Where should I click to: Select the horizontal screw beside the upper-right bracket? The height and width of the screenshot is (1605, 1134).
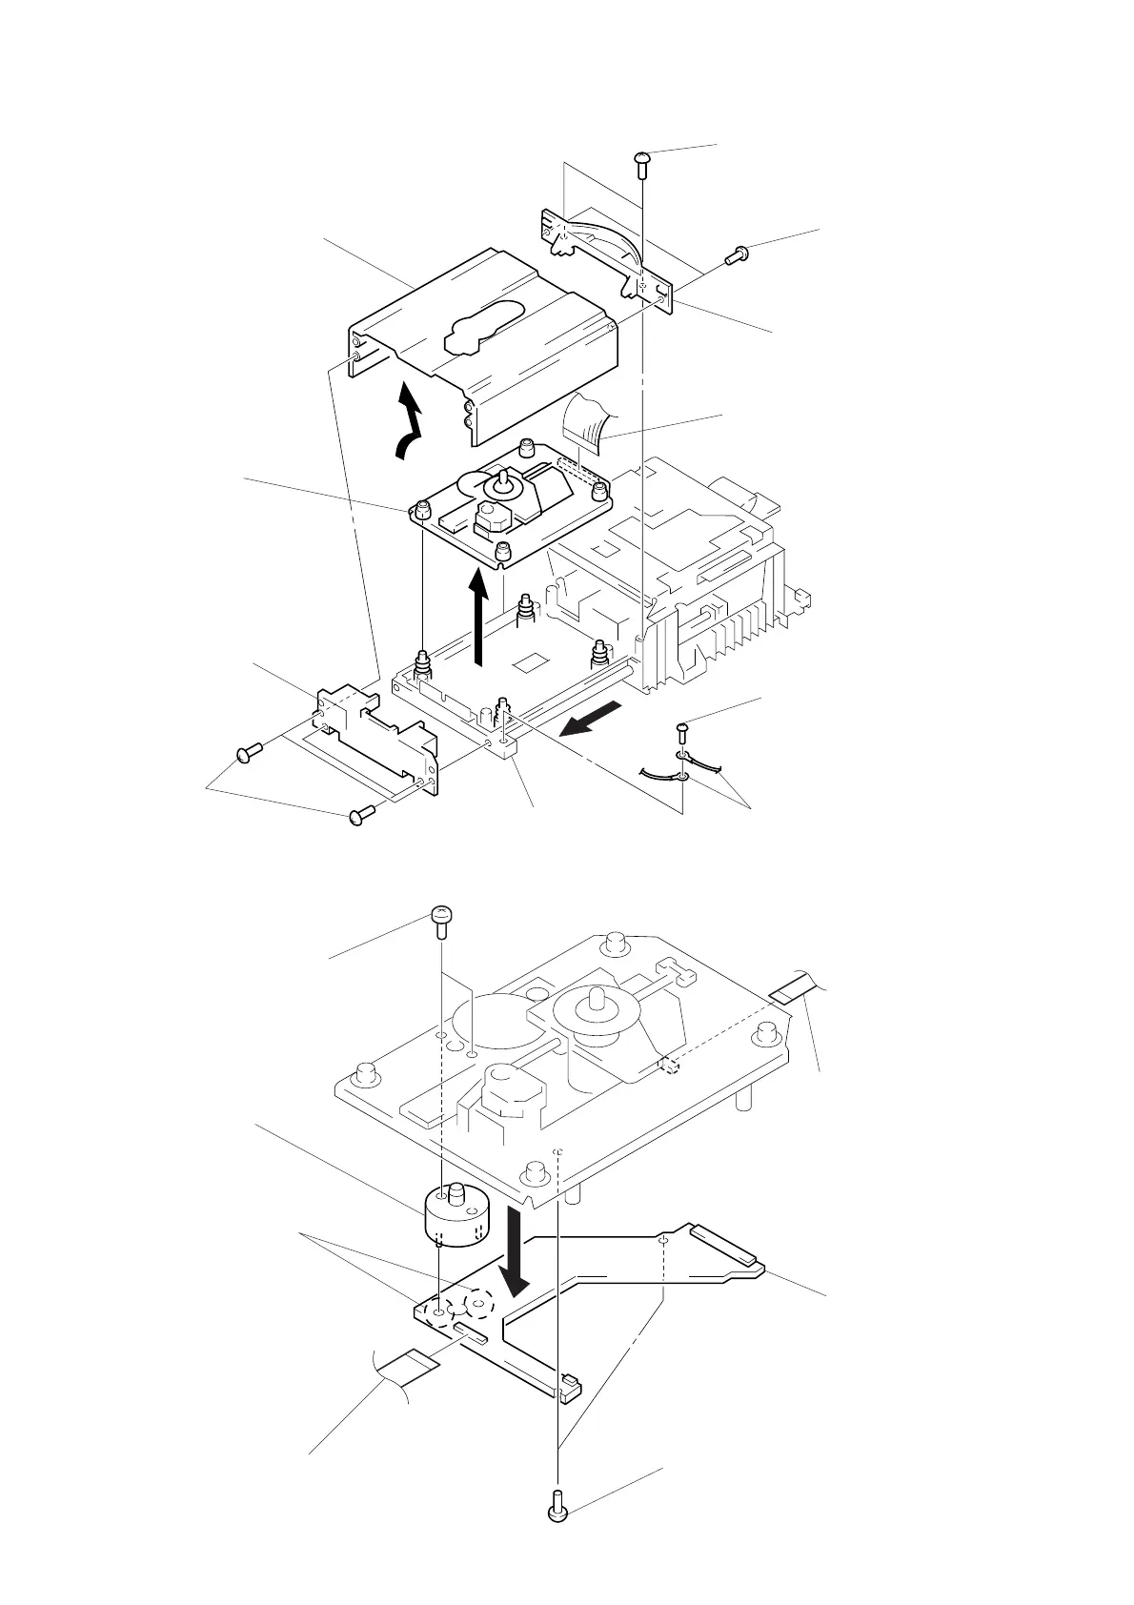pyautogui.click(x=737, y=254)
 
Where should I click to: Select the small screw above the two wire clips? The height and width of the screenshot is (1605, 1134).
pyautogui.click(x=683, y=731)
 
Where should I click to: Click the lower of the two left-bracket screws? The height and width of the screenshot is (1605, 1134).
pyautogui.click(x=359, y=815)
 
